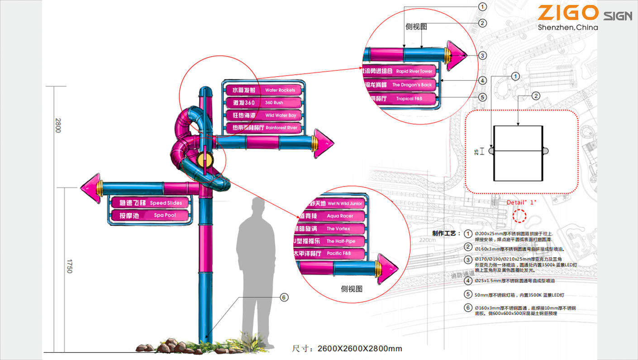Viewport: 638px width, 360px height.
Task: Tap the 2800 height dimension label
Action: point(57,125)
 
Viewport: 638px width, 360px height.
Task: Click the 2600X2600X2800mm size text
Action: point(359,348)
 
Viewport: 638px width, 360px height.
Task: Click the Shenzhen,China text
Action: point(567,28)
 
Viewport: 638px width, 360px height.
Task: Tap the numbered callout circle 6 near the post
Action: point(284,298)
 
